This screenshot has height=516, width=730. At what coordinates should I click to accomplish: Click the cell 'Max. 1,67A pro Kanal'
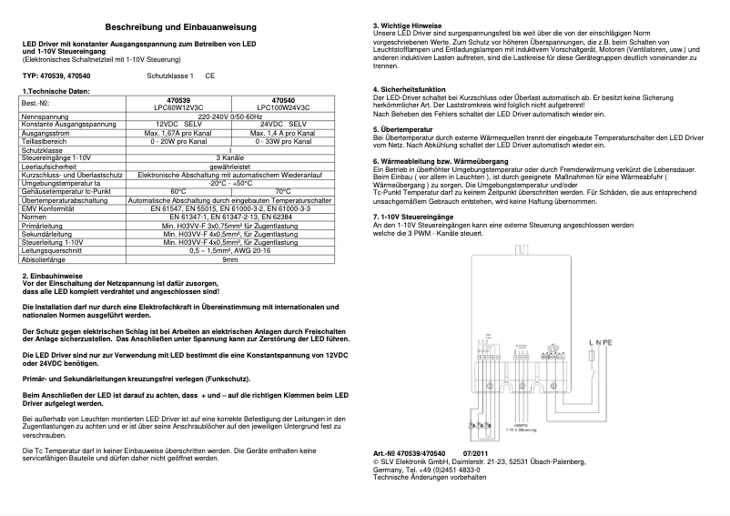tap(179, 133)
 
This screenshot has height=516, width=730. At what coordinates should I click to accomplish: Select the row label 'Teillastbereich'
tap(46, 141)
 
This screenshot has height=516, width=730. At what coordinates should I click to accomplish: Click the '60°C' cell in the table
tap(179, 191)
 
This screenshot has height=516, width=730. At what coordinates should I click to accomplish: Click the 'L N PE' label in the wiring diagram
tap(602, 342)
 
